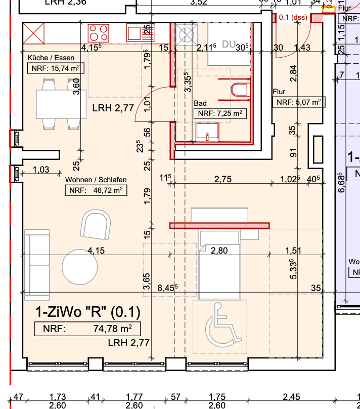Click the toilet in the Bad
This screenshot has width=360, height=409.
coord(239,91)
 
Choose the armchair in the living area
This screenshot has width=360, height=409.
coord(97,225)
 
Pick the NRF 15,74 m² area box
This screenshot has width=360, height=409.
coord(56,69)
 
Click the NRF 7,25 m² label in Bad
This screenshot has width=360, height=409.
coord(220,113)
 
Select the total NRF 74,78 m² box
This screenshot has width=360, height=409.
coord(87,329)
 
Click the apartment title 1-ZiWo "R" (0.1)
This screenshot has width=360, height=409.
coord(87,311)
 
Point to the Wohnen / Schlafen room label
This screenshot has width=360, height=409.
coord(96,180)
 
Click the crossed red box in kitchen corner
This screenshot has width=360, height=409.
coord(35,33)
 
